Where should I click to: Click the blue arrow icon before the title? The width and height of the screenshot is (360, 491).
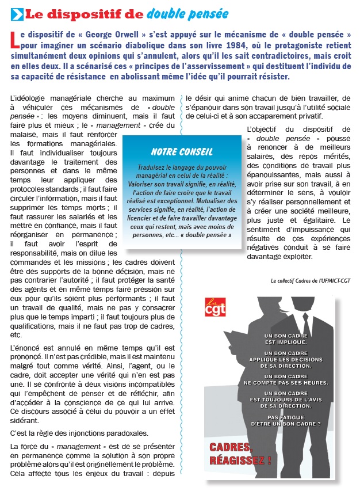click(x=17, y=13)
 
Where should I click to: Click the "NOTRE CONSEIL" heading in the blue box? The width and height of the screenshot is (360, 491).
click(x=182, y=151)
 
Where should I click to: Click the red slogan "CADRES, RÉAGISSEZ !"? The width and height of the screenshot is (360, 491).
click(x=240, y=454)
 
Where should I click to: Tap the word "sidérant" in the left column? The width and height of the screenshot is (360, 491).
click(x=25, y=421)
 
